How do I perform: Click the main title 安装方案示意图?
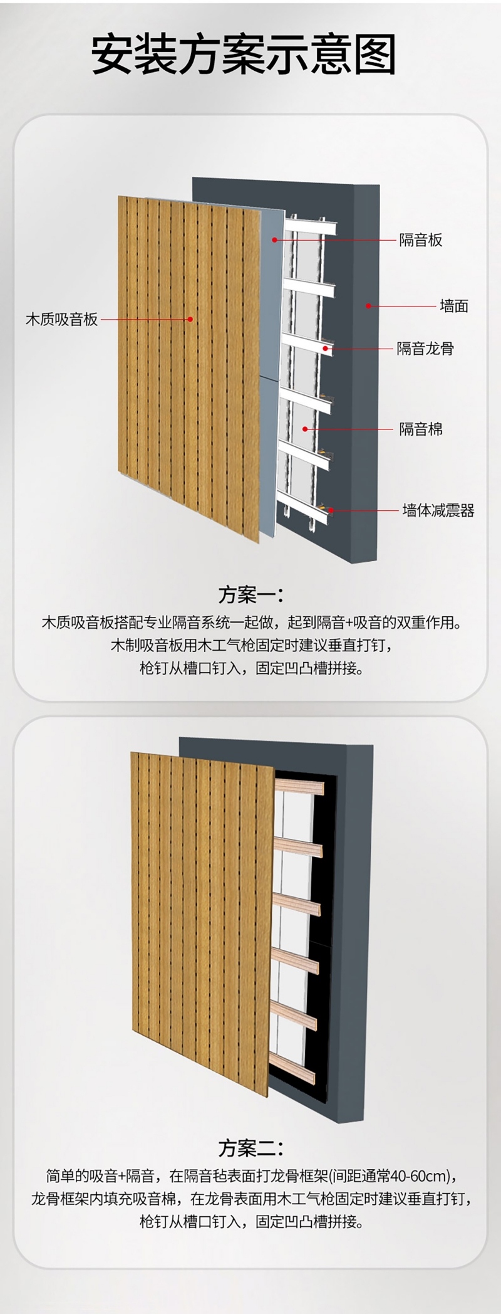(244, 55)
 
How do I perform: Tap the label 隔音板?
(421, 240)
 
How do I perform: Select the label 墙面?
(454, 306)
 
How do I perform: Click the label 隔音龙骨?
(425, 349)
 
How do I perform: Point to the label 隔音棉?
(421, 429)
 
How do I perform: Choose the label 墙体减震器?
(438, 510)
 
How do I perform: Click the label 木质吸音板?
(61, 320)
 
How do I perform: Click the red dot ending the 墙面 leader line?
(368, 306)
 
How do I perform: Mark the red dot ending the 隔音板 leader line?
(274, 239)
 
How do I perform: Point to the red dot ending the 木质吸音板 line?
(191, 320)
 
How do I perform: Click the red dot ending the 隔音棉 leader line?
(306, 429)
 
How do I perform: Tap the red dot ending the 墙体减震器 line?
(330, 510)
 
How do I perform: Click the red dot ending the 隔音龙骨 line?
(326, 348)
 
